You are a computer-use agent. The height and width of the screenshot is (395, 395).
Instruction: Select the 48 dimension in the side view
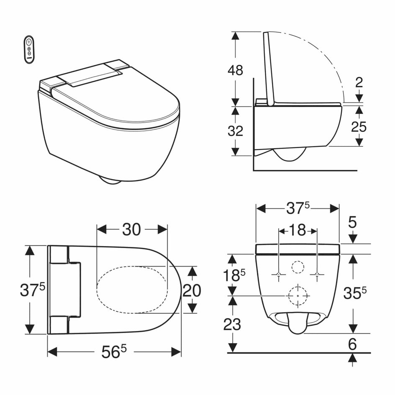(235, 70)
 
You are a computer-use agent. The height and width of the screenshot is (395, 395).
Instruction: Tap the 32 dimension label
(235, 131)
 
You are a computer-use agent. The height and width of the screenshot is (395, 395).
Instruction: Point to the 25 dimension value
(359, 126)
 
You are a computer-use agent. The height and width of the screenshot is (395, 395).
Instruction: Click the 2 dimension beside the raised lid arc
(359, 82)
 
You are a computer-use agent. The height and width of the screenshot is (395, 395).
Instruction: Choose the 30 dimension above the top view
(132, 229)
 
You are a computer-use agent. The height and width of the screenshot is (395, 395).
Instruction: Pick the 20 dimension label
(192, 290)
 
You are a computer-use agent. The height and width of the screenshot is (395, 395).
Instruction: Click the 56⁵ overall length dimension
(113, 352)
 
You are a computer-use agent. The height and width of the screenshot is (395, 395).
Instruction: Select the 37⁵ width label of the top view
(31, 290)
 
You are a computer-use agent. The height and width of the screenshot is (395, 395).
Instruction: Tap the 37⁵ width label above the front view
(298, 208)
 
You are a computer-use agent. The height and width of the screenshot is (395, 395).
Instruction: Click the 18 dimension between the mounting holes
(298, 230)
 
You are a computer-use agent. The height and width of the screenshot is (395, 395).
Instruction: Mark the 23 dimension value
(232, 324)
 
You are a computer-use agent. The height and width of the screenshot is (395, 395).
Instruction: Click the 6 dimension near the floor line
(352, 344)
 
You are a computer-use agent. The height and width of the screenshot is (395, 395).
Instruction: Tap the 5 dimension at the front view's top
(352, 222)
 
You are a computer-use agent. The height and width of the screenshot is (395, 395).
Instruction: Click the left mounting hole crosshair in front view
(279, 274)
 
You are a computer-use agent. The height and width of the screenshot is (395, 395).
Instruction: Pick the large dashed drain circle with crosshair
(298, 295)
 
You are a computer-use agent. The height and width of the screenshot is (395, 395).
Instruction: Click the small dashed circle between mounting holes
(298, 267)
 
